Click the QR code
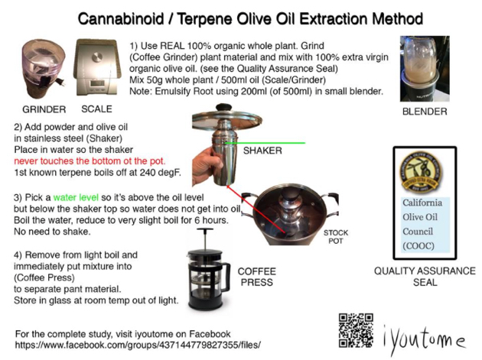tap(356, 330)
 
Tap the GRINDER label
tap(44, 109)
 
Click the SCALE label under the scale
tap(96, 109)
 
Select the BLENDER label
tap(425, 112)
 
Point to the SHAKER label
tap(262, 151)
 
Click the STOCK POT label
tap(336, 237)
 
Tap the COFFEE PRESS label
tap(256, 277)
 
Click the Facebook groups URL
tap(138, 345)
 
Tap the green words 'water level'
tap(76, 197)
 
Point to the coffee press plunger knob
tap(205, 230)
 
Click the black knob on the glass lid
tap(223, 107)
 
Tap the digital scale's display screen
tap(97, 83)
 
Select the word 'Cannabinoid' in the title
tap(121, 19)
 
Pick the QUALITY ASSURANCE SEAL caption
tap(425, 277)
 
